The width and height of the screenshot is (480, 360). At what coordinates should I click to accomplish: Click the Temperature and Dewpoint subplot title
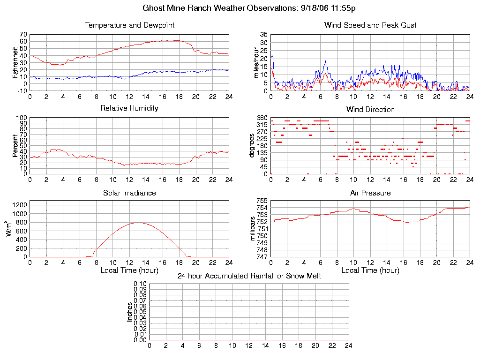(x=129, y=25)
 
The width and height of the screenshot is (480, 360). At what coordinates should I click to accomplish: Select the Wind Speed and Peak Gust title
(x=370, y=25)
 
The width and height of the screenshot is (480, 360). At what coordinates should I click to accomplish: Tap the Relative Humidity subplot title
(x=129, y=108)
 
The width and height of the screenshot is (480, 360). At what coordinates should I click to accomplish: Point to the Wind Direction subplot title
(x=370, y=109)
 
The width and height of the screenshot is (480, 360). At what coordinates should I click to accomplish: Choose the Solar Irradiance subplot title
(x=129, y=193)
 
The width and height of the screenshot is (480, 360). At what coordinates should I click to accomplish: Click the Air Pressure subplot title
(x=370, y=193)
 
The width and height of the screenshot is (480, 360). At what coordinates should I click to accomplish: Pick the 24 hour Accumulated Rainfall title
(x=249, y=276)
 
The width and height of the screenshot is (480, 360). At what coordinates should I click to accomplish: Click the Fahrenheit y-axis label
(x=15, y=62)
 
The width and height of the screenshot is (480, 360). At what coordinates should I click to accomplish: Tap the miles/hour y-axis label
(x=256, y=62)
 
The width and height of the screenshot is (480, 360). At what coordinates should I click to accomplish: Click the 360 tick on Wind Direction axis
(x=262, y=118)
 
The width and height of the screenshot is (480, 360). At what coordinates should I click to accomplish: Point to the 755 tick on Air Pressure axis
(x=262, y=201)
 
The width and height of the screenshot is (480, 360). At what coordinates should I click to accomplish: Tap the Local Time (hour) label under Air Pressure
(x=370, y=270)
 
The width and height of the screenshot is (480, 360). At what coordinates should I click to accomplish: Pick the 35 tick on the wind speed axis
(x=263, y=35)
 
